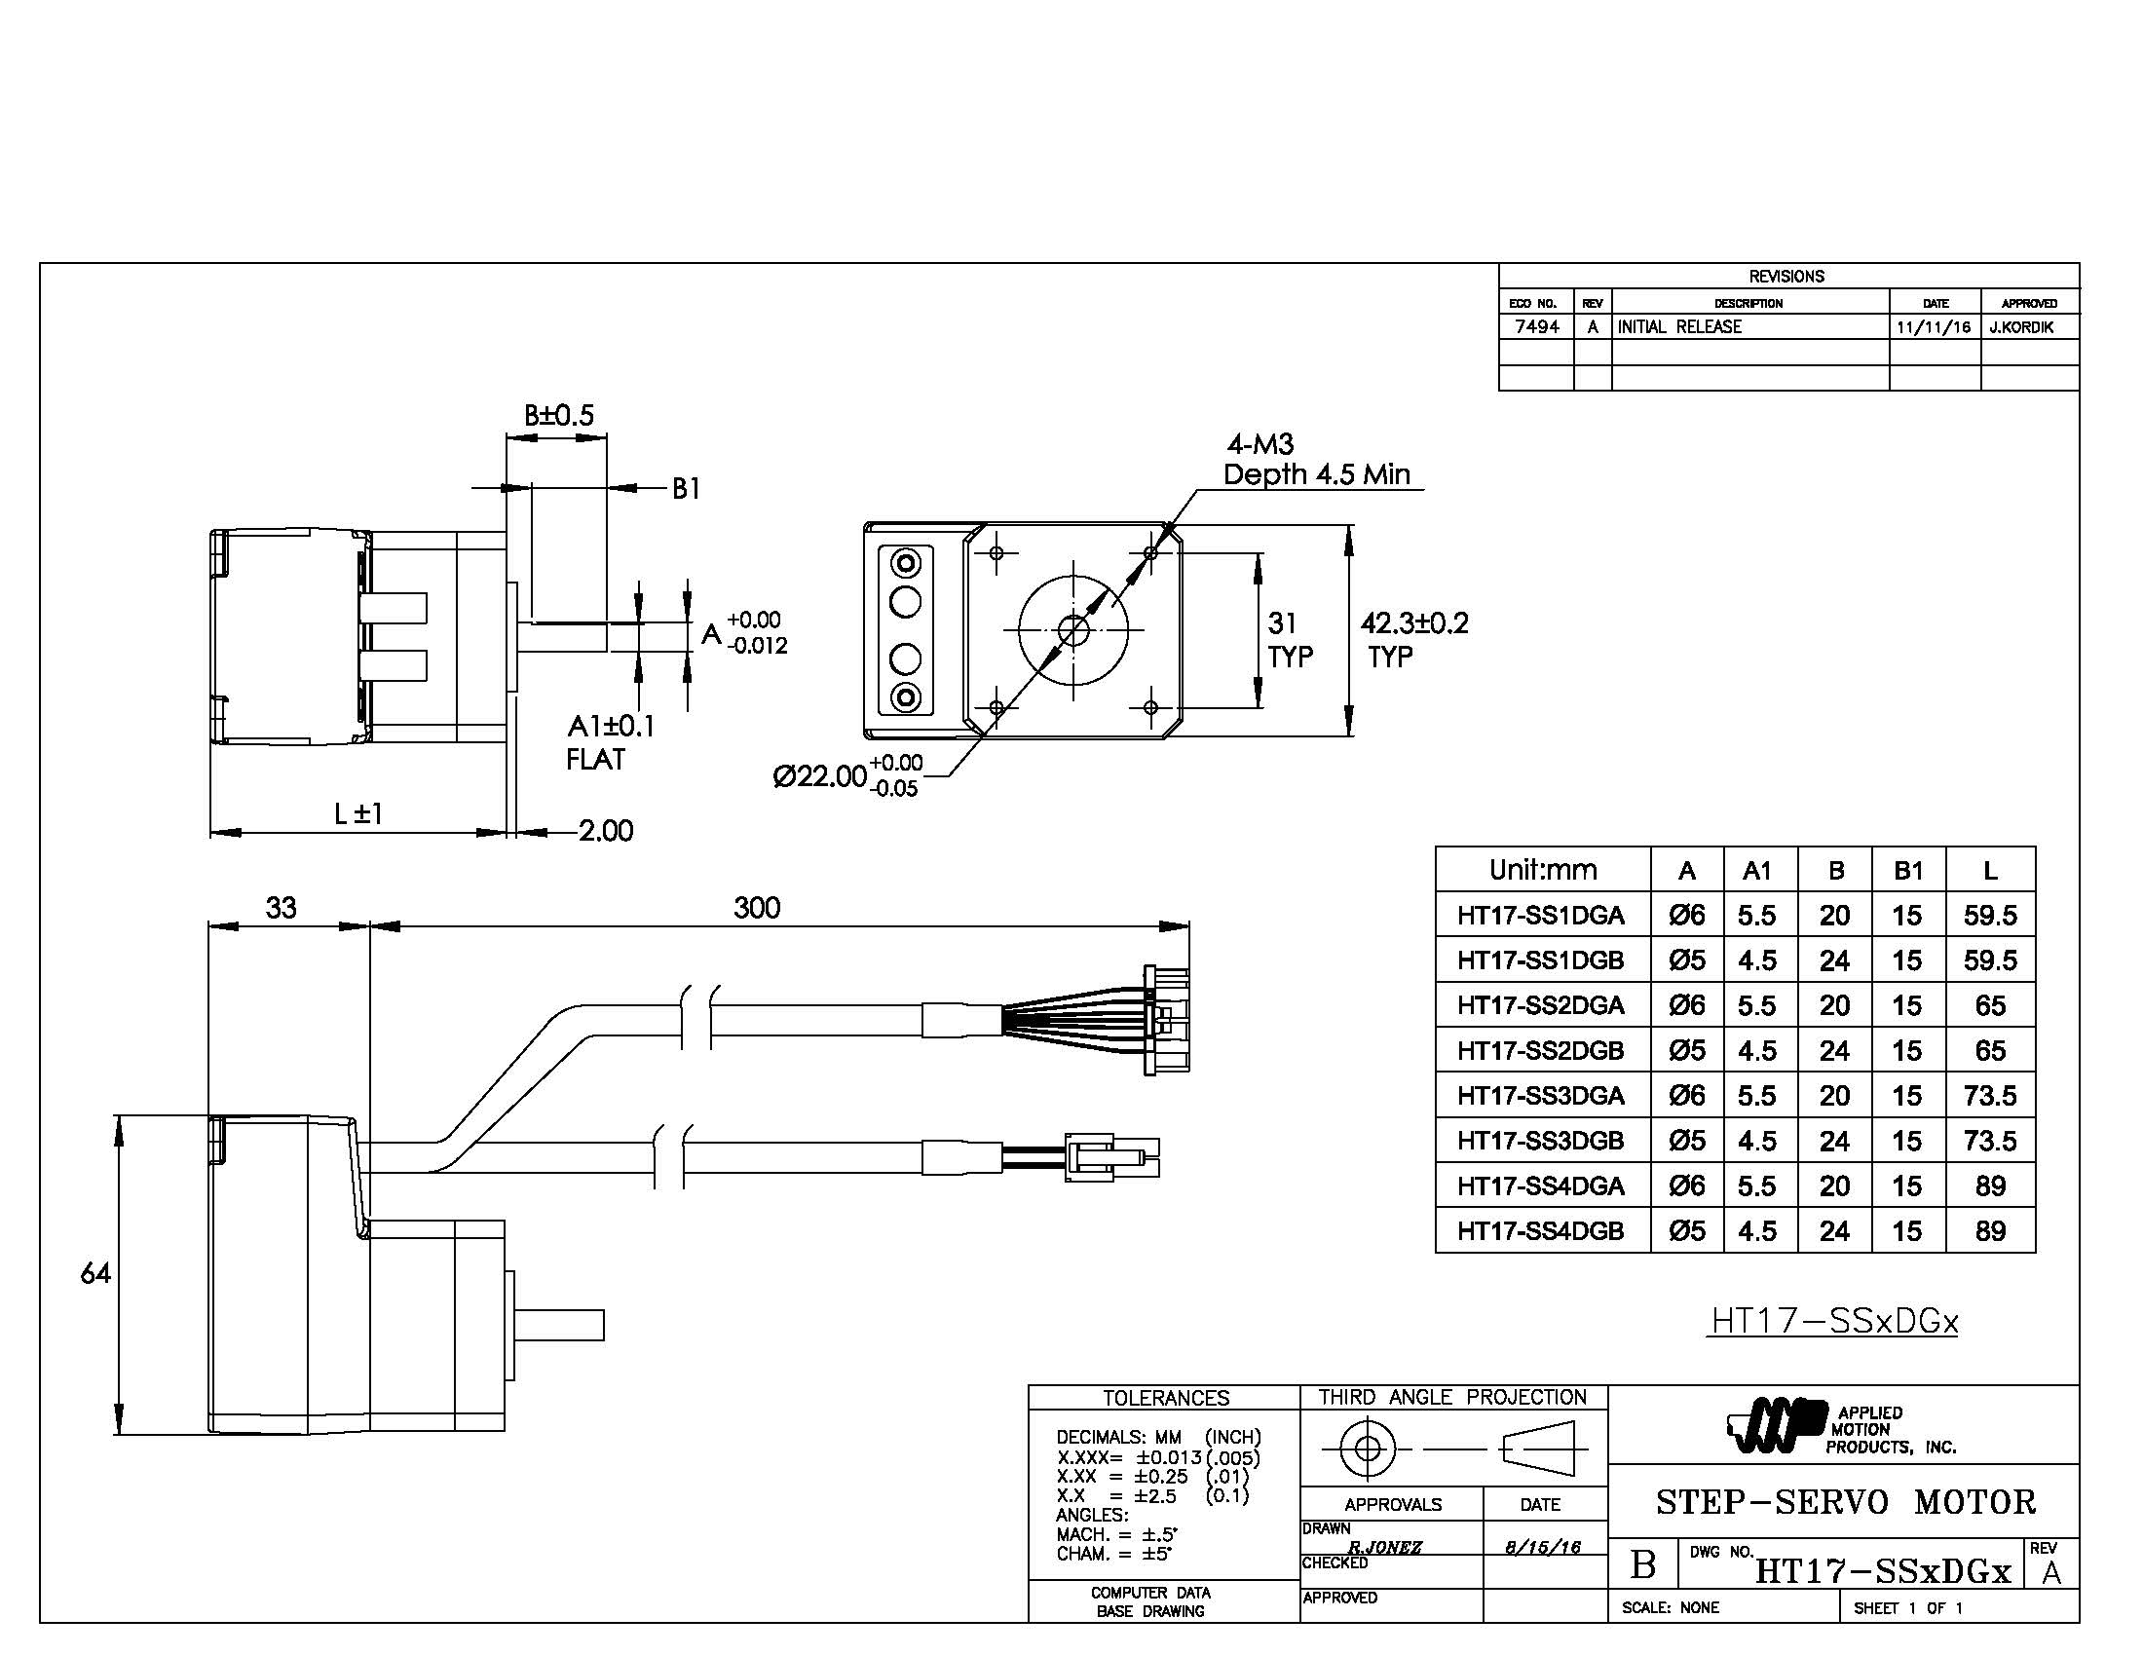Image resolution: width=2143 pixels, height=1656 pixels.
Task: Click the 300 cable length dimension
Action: [x=757, y=908]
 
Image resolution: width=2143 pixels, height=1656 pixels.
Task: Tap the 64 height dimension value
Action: [x=95, y=1273]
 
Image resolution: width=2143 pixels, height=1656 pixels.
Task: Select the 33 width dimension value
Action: [x=281, y=908]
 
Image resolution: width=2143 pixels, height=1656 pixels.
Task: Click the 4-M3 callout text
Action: [x=1259, y=444]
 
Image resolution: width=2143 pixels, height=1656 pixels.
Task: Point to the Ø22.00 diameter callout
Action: [x=820, y=776]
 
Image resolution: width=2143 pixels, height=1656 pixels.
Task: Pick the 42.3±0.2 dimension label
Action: [x=1414, y=623]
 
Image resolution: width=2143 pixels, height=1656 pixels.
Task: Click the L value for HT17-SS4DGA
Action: [x=1989, y=1186]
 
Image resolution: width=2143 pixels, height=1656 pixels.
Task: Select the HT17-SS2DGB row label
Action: [x=1541, y=1050]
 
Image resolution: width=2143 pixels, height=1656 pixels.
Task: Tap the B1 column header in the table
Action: [x=1907, y=870]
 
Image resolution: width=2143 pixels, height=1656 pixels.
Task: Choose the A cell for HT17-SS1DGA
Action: [x=1687, y=916]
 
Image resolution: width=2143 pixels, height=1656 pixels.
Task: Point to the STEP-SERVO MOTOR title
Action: [x=1846, y=1502]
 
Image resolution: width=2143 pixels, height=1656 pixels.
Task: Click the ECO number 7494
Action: [x=1536, y=326]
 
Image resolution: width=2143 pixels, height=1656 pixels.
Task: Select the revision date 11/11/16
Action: [x=1933, y=326]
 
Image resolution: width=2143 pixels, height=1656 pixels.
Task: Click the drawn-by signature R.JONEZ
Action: [x=1384, y=1547]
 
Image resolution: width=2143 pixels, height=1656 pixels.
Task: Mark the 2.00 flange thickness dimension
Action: [x=606, y=831]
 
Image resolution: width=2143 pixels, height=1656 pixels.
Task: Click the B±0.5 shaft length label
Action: [x=558, y=415]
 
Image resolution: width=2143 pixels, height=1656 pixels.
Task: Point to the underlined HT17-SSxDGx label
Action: [x=1834, y=1322]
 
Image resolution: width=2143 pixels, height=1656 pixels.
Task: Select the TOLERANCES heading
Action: [x=1166, y=1397]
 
